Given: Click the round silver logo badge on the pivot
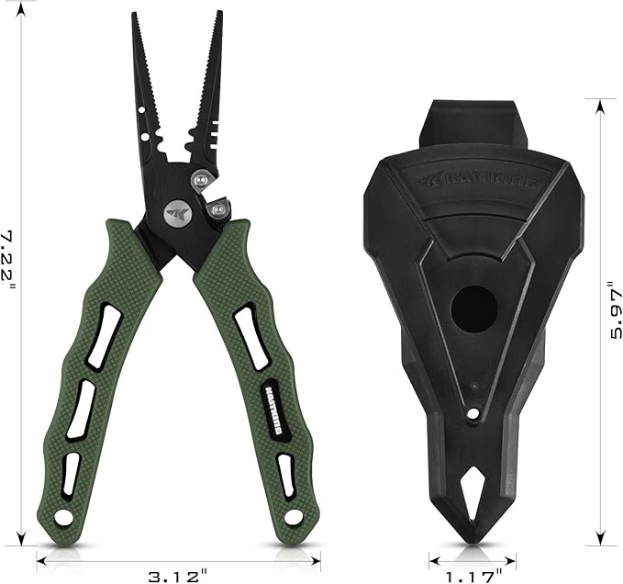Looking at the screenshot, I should [x=175, y=212].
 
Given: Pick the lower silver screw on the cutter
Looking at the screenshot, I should [x=217, y=211].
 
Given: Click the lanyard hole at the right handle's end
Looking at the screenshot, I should [x=293, y=518].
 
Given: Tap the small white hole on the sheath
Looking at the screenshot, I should [x=473, y=414].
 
